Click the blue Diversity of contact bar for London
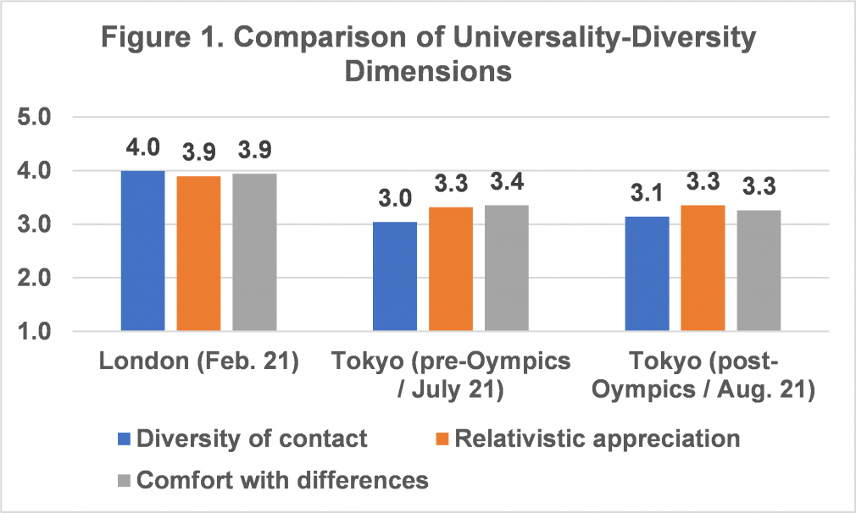(142, 251)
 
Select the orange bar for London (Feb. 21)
(198, 253)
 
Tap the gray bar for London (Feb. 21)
(254, 252)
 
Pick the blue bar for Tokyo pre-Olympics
(395, 277)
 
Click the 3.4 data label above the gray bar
(507, 181)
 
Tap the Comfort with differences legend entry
(271, 480)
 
